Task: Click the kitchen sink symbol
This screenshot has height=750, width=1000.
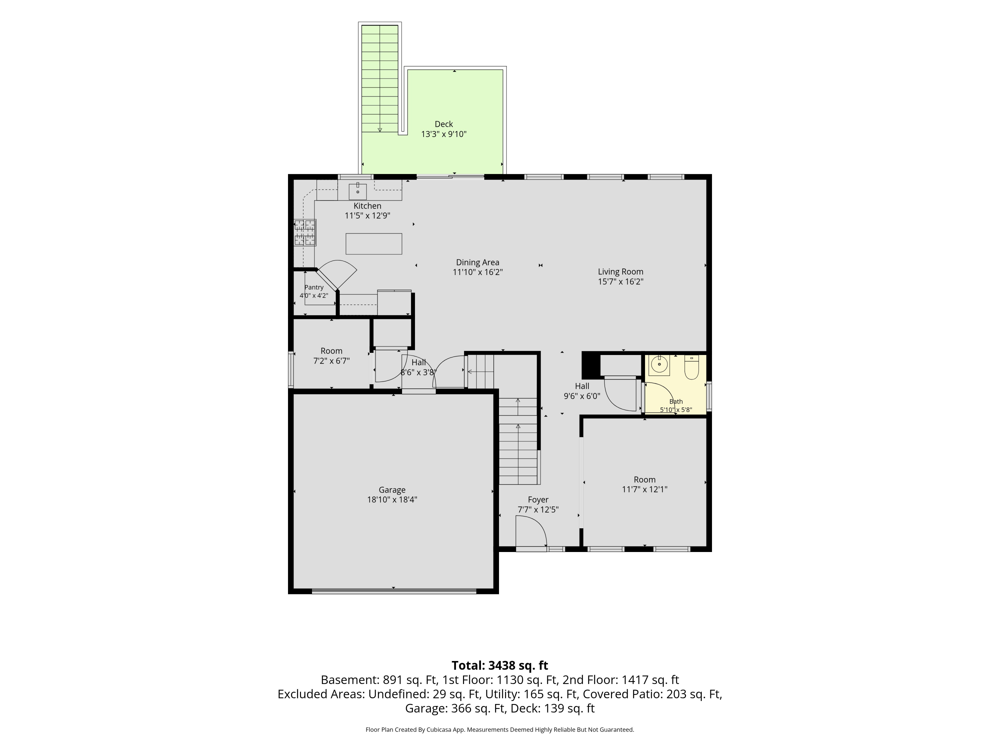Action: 358,191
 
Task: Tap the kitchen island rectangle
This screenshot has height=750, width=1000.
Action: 374,244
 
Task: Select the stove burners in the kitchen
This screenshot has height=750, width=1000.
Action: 305,232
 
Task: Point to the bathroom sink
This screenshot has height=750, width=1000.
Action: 659,365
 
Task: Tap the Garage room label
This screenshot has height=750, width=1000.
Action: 392,490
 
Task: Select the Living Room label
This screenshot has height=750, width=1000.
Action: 621,272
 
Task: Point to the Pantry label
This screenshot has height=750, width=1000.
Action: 314,288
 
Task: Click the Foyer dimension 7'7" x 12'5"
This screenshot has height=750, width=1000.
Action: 538,509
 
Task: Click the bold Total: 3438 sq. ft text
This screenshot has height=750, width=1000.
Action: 500,665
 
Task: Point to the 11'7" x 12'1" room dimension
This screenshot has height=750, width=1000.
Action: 645,489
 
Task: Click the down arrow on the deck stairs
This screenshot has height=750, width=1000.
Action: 380,130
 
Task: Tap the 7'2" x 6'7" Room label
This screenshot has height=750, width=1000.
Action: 331,356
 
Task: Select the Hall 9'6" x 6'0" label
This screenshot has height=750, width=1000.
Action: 582,391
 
